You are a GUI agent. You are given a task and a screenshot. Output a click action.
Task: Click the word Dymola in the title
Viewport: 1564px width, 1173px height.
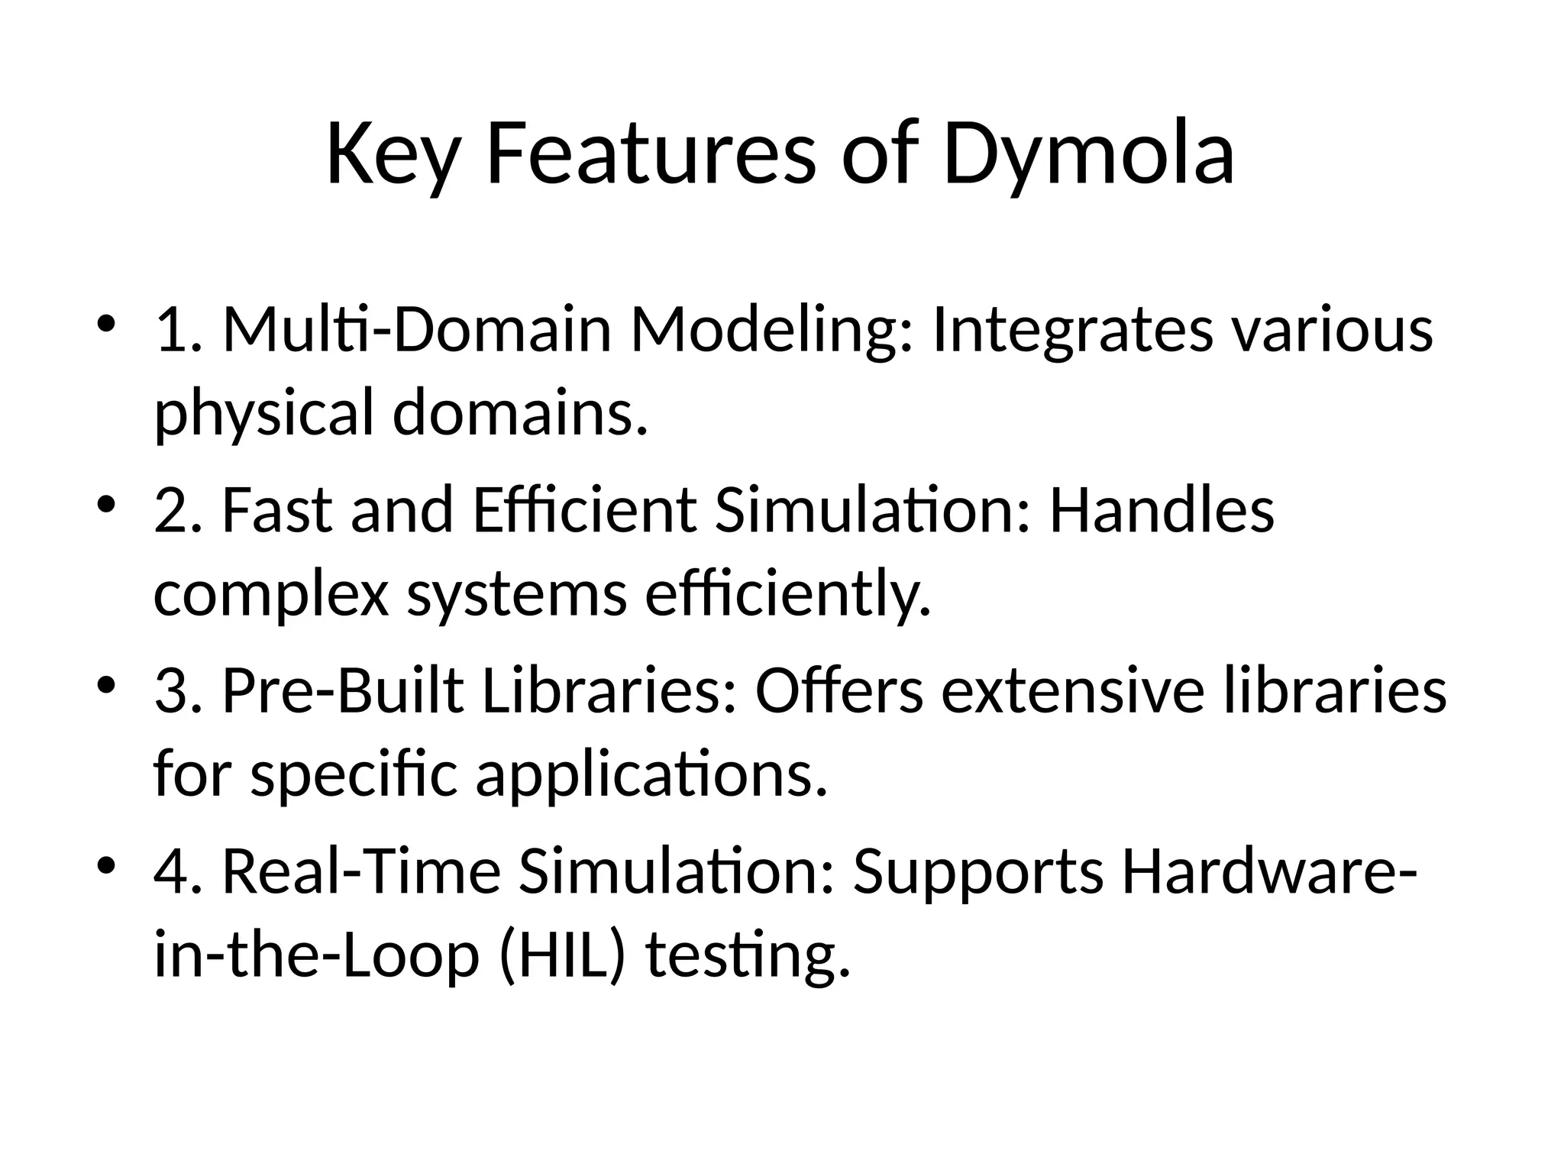point(1088,155)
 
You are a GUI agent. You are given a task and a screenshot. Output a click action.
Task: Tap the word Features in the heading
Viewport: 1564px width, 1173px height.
point(651,155)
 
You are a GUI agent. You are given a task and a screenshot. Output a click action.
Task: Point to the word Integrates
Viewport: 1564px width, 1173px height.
point(1072,330)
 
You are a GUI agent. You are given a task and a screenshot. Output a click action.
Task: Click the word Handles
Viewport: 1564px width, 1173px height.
point(1162,510)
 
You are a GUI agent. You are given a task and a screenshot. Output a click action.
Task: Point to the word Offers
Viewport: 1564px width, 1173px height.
point(839,691)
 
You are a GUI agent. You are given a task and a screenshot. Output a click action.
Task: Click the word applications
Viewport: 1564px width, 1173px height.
point(651,775)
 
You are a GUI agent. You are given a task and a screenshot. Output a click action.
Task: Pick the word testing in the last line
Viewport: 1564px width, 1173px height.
point(748,956)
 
